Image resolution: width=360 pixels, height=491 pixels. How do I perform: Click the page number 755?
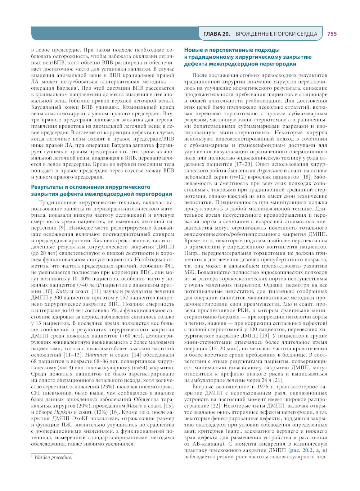pyautogui.click(x=332, y=34)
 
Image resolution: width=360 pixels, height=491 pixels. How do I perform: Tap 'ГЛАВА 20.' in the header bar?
pyautogui.click(x=217, y=34)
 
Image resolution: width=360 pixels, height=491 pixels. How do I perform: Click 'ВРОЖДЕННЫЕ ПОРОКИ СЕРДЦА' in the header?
pyautogui.click(x=276, y=34)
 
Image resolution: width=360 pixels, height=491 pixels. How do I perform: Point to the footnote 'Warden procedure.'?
pyautogui.click(x=53, y=457)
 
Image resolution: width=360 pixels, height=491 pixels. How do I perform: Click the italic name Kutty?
pyautogui.click(x=63, y=291)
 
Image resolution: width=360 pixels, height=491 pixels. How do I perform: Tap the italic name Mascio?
pyautogui.click(x=135, y=406)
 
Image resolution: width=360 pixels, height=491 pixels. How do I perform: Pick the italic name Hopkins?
pyautogui.click(x=63, y=412)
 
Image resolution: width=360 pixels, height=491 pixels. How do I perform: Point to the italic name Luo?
pyautogui.click(x=287, y=304)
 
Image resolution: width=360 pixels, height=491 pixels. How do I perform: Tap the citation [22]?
pyautogui.click(x=216, y=406)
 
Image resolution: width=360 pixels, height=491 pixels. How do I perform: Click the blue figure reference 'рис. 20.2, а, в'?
pyautogui.click(x=308, y=450)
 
